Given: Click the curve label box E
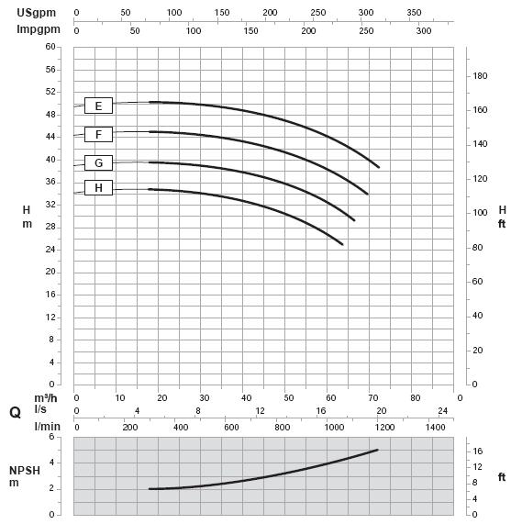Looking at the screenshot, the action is pos(98,106).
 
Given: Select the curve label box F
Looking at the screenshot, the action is pos(98,134).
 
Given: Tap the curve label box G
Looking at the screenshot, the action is pos(98,162).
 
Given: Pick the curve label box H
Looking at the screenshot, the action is pos(98,188).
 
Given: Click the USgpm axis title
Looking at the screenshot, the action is pos(37,13).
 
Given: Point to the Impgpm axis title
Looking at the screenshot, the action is pos(39,29).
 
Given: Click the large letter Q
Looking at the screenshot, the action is pos(16,412).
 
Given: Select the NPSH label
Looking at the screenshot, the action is pos(25,471).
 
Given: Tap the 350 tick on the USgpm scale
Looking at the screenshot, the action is pos(414,12).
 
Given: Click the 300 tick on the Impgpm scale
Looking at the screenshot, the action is pos(424,31).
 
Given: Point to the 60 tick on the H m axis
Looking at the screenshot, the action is pos(50,47).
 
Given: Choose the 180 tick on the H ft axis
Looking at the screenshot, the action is pos(480,76).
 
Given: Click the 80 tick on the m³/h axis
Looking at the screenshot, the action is pos(416,397).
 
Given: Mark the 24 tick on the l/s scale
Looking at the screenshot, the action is pos(442,411).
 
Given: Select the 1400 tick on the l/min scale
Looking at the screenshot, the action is pos(436,427).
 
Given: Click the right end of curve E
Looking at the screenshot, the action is pos(379,167).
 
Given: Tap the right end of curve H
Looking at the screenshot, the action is pos(342,244).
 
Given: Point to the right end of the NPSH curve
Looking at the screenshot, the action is pos(377,450).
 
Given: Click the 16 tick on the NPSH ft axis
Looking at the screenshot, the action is pos(478,452).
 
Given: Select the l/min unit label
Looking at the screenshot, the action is pos(48,427).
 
